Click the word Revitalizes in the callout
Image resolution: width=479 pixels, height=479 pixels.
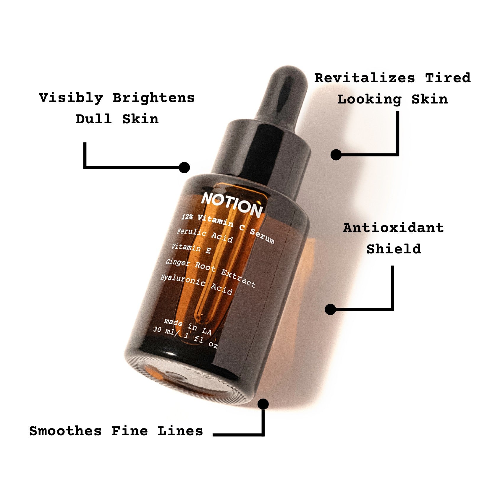365,78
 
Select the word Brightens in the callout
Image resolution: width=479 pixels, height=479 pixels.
154,98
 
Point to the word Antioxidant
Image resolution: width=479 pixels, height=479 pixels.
394,228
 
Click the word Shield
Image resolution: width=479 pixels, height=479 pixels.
394,249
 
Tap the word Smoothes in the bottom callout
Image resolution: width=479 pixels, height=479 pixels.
65,431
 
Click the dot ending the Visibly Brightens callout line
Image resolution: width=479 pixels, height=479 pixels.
184,167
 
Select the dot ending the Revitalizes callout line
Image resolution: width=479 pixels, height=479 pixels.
336,155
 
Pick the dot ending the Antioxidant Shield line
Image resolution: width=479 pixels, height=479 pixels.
330,310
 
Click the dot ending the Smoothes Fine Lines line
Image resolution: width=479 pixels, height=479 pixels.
263,404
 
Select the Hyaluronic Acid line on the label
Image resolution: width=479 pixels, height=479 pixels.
196,285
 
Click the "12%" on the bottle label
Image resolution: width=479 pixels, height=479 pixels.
187,217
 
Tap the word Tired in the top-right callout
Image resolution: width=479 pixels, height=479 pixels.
448,78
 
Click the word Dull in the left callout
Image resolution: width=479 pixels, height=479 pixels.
94,119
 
